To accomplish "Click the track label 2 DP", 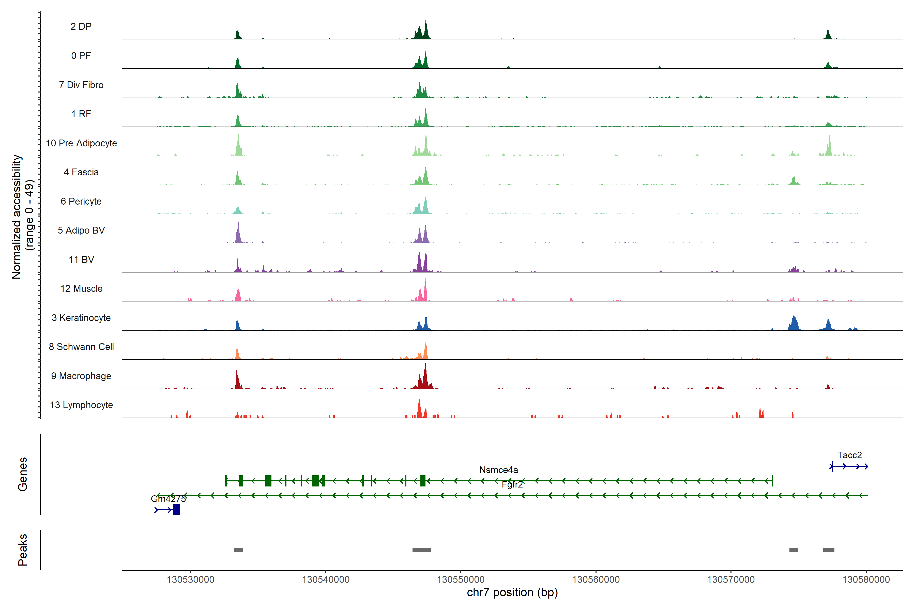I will click(x=81, y=26).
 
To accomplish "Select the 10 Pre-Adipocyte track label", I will click(x=81, y=143).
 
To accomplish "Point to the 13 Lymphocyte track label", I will click(x=81, y=405).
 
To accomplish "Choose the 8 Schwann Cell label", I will click(x=81, y=347).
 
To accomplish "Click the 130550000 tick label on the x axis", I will click(x=461, y=579).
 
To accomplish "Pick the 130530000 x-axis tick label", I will click(x=191, y=579).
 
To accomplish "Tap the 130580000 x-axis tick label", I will click(x=866, y=579).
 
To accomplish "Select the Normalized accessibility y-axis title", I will click(x=16, y=217).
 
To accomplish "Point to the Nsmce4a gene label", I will click(x=498, y=470).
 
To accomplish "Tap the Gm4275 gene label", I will click(x=168, y=499).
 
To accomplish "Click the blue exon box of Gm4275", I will click(x=177, y=510).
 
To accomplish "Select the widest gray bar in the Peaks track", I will click(x=421, y=550).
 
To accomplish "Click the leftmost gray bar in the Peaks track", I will click(x=238, y=550).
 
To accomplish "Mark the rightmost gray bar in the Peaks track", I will click(x=829, y=550).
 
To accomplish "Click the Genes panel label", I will click(x=23, y=474).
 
